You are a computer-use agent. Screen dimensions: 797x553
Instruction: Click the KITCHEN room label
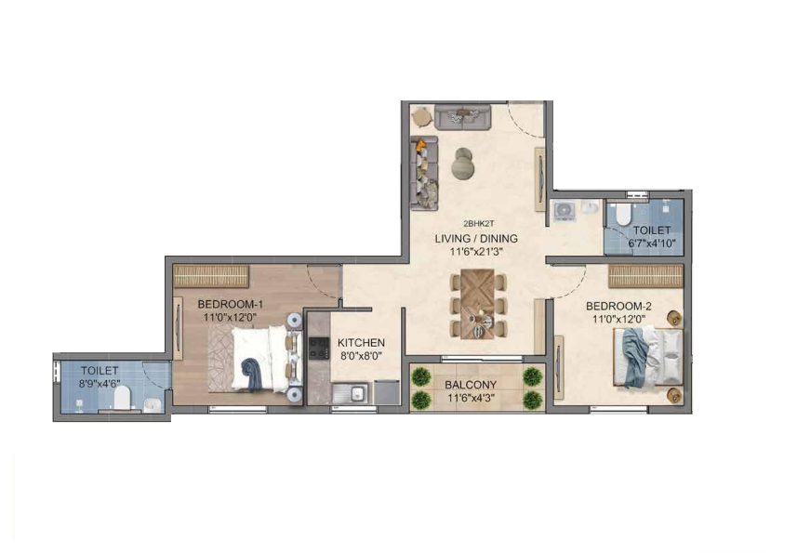pos(361,343)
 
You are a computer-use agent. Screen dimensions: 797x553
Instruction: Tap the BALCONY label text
pos(471,385)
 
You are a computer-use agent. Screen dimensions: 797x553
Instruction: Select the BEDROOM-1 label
pos(231,304)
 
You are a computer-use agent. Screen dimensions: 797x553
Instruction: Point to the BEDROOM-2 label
pos(618,306)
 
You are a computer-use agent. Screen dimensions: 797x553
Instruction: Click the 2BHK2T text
pos(478,223)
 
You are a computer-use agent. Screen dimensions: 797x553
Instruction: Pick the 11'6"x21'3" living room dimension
pos(476,251)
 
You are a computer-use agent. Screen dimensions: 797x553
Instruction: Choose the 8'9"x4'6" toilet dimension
pos(100,384)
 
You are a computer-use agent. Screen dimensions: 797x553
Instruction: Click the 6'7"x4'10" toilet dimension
pos(652,244)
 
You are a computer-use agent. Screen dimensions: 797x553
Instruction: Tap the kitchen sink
pos(351,393)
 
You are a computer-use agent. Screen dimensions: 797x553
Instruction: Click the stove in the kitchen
pos(319,348)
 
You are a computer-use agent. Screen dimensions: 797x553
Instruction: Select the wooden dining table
pos(477,304)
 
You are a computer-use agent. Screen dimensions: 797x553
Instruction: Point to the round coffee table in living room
pos(463,163)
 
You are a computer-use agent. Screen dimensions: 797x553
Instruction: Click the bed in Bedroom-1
pos(259,359)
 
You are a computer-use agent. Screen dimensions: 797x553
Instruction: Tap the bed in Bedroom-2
pos(648,358)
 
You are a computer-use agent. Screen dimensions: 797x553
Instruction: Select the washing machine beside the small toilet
pos(564,211)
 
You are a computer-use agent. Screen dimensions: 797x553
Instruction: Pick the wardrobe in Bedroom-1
pos(211,276)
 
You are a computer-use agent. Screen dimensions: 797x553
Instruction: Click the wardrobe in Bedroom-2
pos(646,276)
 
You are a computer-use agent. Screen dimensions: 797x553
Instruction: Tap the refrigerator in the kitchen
pos(387,392)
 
